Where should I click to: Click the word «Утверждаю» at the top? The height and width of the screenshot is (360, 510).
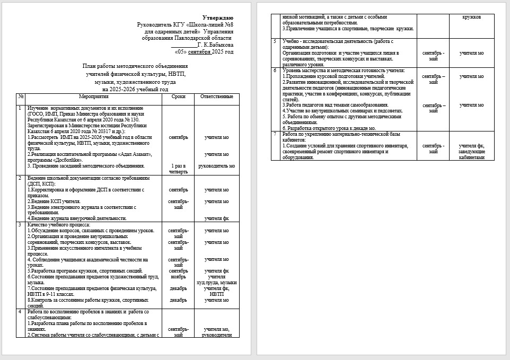pyautogui.click(x=218, y=18)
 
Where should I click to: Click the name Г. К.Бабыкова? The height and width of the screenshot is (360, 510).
pyautogui.click(x=215, y=46)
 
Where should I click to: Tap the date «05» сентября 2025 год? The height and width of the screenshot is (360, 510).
pyautogui.click(x=204, y=52)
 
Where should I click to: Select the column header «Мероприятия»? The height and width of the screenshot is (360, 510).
pyautogui.click(x=94, y=97)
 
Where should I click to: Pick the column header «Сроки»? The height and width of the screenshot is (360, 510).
pyautogui.click(x=178, y=97)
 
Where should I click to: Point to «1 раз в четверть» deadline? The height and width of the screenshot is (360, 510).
pyautogui.click(x=178, y=169)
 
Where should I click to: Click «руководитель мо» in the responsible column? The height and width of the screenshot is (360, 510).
pyautogui.click(x=217, y=166)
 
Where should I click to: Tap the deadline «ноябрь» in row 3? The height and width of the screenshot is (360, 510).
pyautogui.click(x=178, y=277)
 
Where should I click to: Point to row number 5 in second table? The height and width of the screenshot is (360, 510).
pyautogui.click(x=275, y=41)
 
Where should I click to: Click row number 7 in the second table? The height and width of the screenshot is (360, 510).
pyautogui.click(x=275, y=134)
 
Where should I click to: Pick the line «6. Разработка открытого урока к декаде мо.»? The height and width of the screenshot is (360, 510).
pyautogui.click(x=329, y=128)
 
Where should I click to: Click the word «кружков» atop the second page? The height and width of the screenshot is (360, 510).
pyautogui.click(x=472, y=17)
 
